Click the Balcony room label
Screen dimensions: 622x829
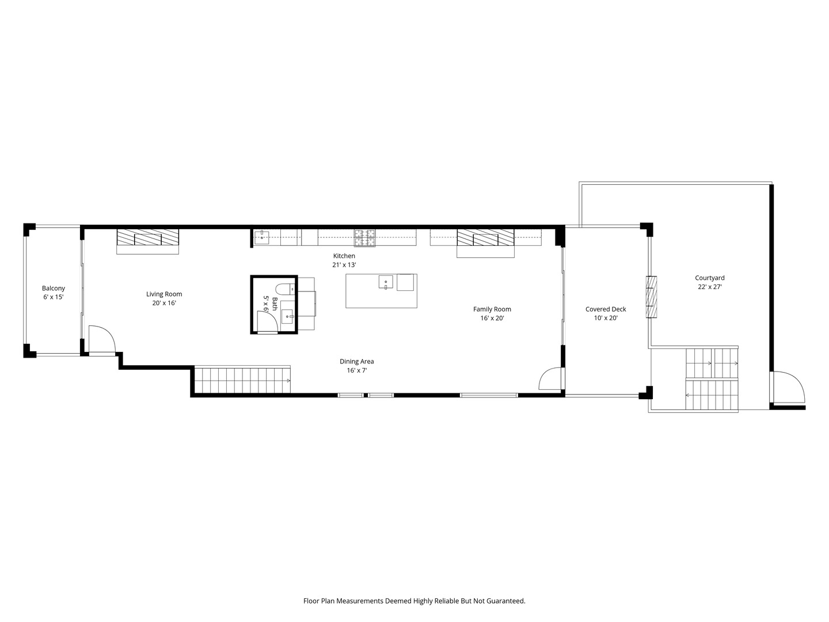[54, 293]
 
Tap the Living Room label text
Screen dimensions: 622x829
[164, 298]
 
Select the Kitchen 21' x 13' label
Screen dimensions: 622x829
[344, 260]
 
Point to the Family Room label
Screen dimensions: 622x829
[492, 313]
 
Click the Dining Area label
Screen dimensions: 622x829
[356, 366]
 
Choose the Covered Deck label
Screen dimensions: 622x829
[606, 313]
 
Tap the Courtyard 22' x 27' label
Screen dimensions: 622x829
[709, 282]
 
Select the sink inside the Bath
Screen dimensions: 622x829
[287, 316]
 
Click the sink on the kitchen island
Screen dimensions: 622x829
[386, 282]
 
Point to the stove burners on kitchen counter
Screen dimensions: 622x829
[364, 235]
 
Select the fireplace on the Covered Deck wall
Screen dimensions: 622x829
[651, 297]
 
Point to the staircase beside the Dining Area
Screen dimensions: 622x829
[241, 380]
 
